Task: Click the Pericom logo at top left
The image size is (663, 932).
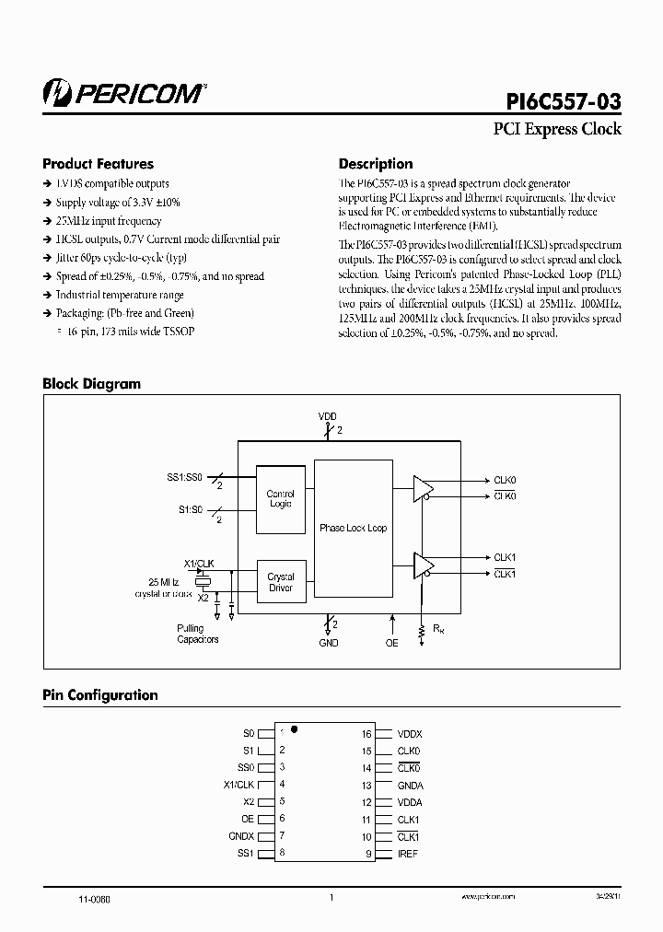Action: tap(123, 91)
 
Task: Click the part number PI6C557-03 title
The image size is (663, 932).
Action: tap(564, 99)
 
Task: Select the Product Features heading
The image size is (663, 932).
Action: tap(99, 164)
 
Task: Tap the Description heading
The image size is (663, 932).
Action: tap(376, 164)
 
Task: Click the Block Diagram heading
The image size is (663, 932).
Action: tap(92, 384)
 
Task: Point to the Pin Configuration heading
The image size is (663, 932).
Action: tap(100, 695)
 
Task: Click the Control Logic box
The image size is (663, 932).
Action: tap(280, 499)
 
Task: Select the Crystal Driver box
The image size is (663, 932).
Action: tap(280, 582)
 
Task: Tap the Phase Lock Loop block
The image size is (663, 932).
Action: tap(353, 528)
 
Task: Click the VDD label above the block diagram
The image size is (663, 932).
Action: tap(328, 417)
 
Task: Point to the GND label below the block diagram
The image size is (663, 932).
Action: tap(329, 643)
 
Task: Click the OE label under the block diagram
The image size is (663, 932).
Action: tap(392, 643)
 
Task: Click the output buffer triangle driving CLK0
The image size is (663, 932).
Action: tap(423, 488)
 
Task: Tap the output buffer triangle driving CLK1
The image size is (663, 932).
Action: tap(423, 565)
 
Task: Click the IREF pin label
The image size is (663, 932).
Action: tap(408, 855)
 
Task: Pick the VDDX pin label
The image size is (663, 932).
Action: tap(410, 734)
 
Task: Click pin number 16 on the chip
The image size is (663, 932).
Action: tap(366, 734)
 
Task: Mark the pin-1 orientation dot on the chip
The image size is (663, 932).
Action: tap(294, 728)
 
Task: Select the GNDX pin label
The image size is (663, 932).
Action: tap(240, 836)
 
